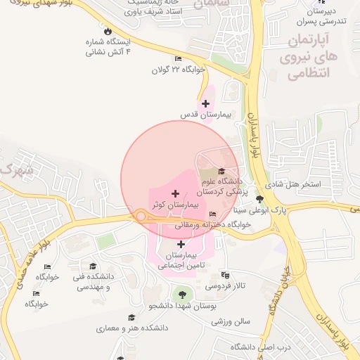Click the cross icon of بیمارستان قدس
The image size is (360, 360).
tap(205, 104)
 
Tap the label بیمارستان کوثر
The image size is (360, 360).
tap(176, 204)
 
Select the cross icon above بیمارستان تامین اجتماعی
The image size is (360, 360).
tap(181, 244)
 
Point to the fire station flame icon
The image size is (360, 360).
tap(107, 31)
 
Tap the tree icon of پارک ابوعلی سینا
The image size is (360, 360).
tap(259, 200)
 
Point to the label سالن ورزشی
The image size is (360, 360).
tap(231, 321)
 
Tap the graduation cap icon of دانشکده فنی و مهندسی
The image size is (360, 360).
tap(93, 266)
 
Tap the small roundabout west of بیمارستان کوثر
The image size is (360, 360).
tap(141, 217)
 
